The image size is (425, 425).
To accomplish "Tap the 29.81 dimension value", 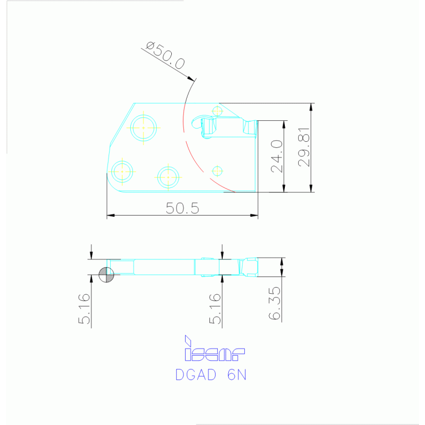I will coord(304,147).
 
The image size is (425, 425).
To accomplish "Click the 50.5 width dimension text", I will coord(182,208).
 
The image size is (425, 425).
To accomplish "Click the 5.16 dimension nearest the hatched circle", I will coord(84,309).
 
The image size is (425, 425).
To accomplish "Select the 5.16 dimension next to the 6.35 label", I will coord(215,309).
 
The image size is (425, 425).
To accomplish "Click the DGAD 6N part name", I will coord(211,375).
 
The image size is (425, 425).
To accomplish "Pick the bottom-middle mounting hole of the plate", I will coord(167,177).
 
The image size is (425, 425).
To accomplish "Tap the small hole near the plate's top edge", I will coord(217,111).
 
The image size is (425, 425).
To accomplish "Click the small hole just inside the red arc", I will coord(217,171).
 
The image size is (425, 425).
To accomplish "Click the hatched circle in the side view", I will coord(106,275).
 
